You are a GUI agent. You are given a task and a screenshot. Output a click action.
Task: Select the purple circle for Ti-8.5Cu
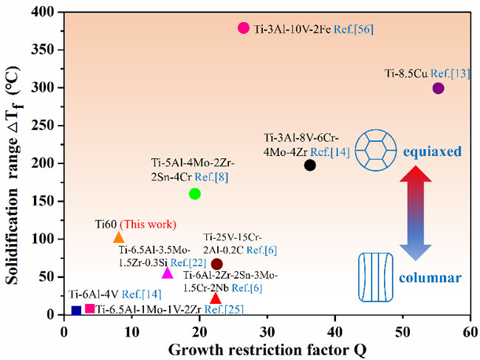[x=439, y=89]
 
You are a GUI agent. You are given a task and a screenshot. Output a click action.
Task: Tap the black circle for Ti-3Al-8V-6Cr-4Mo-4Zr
[x=310, y=165]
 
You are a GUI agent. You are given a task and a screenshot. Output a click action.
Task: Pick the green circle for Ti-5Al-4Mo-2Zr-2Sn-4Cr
[x=195, y=194]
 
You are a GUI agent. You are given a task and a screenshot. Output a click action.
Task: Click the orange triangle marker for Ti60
[x=119, y=238]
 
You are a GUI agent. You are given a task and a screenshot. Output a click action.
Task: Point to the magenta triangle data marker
[x=167, y=274]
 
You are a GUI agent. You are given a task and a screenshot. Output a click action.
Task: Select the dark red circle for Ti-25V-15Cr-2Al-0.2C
[x=216, y=264]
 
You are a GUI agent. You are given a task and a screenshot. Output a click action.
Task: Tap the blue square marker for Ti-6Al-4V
[x=76, y=310]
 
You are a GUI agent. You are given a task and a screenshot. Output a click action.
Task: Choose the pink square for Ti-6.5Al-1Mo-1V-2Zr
[x=90, y=308]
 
